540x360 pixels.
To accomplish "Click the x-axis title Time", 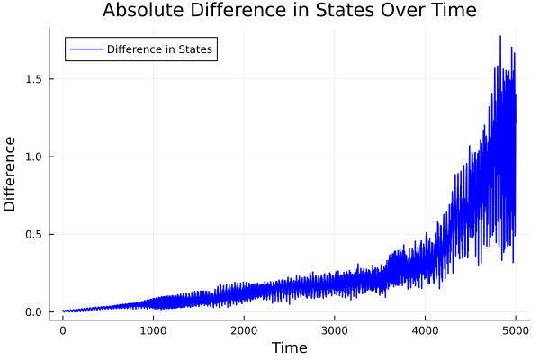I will coord(289,347).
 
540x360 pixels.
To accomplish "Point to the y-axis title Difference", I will coord(11,174).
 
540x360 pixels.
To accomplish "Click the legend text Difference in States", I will coord(159,49).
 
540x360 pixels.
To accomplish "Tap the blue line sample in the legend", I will coord(85,49).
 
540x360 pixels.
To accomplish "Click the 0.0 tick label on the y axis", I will coord(32,312).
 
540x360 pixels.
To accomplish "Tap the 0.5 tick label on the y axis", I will coord(32,234).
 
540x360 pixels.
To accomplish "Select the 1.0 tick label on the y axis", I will coord(32,157).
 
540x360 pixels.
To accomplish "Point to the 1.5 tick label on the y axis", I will coord(32,79).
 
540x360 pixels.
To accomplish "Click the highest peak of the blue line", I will coord(500,37).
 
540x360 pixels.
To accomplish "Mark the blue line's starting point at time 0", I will coord(63,311).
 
